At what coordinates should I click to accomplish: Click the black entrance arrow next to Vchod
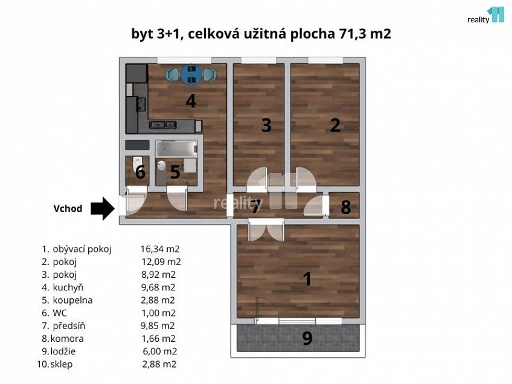pyautogui.click(x=102, y=209)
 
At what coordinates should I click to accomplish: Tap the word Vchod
pyautogui.click(x=68, y=209)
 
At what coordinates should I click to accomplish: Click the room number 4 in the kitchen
pyautogui.click(x=191, y=101)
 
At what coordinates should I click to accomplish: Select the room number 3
pyautogui.click(x=266, y=126)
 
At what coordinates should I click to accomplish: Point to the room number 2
pyautogui.click(x=335, y=126)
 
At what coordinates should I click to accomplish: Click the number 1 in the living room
pyautogui.click(x=307, y=279)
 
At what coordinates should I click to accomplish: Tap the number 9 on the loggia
pyautogui.click(x=307, y=339)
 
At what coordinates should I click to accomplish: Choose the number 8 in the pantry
pyautogui.click(x=345, y=208)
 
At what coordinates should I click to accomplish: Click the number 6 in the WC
pyautogui.click(x=140, y=173)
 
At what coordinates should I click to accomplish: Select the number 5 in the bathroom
pyautogui.click(x=174, y=173)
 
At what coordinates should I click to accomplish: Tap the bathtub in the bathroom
pyautogui.click(x=176, y=149)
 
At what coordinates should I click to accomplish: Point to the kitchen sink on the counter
pyautogui.click(x=159, y=126)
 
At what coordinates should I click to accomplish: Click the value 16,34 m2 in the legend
pyautogui.click(x=160, y=248)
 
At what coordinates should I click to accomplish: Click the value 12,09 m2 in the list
pyautogui.click(x=161, y=261)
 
